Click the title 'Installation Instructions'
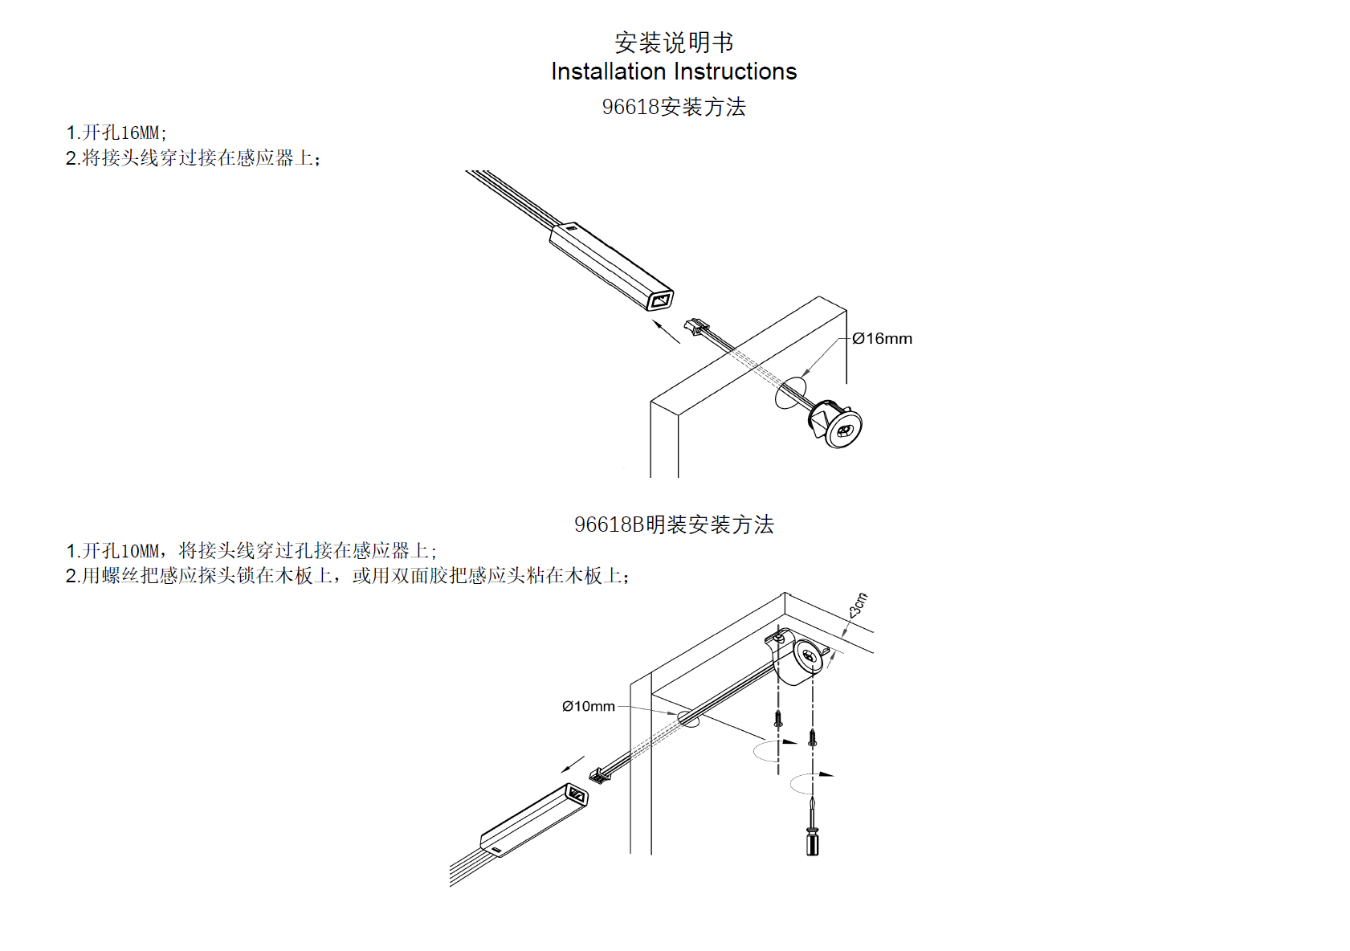674,71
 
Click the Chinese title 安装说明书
674,42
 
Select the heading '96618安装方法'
674,107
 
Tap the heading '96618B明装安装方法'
674,524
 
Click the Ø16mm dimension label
882,339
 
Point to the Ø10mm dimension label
589,707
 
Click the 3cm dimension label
859,605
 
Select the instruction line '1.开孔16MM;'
116,133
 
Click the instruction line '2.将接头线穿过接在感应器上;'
193,158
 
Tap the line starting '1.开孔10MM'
251,551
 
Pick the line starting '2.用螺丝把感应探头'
347,576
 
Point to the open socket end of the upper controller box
660,301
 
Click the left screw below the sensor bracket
777,717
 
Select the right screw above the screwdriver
812,737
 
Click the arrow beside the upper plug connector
667,332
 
